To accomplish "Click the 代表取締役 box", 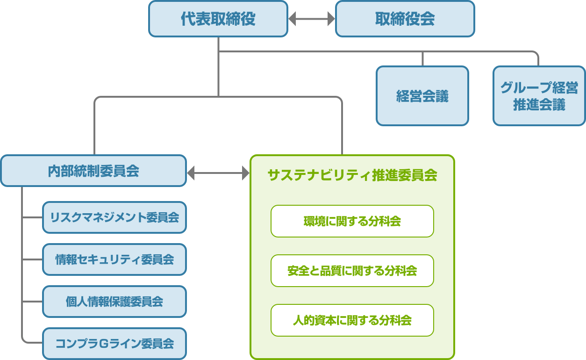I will (x=218, y=19).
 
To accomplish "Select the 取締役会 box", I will (x=405, y=19).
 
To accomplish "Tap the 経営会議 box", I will (x=422, y=96).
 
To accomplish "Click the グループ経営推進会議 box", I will (x=539, y=96).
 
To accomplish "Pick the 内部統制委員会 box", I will (x=93, y=171).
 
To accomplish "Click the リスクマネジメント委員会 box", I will (x=114, y=217).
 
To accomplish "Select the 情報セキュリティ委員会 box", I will (x=114, y=259).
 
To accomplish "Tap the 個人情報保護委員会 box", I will (x=114, y=302).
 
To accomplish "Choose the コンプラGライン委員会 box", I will (x=114, y=344).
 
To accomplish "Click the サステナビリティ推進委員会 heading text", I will (x=352, y=175).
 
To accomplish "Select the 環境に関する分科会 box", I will (x=352, y=221).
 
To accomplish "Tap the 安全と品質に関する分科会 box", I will (x=352, y=271).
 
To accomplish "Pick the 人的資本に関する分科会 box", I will (x=352, y=320).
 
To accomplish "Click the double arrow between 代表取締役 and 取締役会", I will (x=312, y=19).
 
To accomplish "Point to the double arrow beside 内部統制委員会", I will (x=218, y=173).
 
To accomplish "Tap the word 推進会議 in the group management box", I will (x=539, y=105).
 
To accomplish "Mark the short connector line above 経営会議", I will (x=422, y=59).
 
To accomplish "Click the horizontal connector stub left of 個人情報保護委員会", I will (x=32, y=302).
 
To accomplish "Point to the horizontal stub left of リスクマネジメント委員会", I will (x=32, y=217).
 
